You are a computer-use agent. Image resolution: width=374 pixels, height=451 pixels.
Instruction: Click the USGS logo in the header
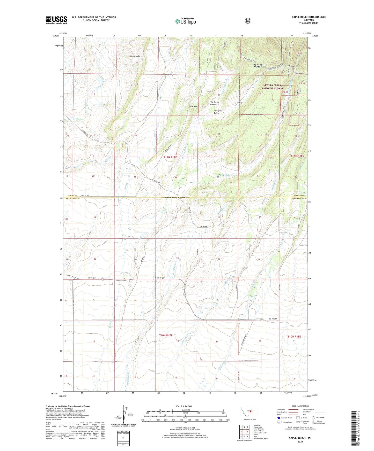coord(56,20)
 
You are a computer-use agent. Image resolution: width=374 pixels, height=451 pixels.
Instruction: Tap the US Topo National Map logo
coord(185,21)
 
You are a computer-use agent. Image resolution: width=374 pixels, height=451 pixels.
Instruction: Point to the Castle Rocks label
coord(135,56)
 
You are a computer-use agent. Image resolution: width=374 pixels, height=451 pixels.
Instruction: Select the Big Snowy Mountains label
coord(258,66)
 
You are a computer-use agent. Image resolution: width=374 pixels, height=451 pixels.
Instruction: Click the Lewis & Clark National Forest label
coord(272,87)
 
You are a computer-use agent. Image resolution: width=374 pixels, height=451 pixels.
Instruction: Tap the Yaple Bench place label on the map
coord(194,106)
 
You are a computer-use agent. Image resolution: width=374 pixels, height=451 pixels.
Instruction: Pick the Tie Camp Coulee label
coord(214,103)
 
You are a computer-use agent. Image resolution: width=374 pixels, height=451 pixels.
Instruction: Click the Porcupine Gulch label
coord(218,112)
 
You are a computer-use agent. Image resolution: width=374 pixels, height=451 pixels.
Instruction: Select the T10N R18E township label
coord(294,337)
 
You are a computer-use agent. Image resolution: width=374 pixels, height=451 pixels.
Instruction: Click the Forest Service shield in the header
coord(248,21)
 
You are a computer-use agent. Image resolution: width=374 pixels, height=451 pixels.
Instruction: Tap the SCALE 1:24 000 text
coord(184,406)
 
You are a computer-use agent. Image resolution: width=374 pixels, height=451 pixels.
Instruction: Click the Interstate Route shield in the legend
coord(278,418)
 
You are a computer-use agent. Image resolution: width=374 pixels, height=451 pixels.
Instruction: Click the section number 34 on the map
coord(178,258)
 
